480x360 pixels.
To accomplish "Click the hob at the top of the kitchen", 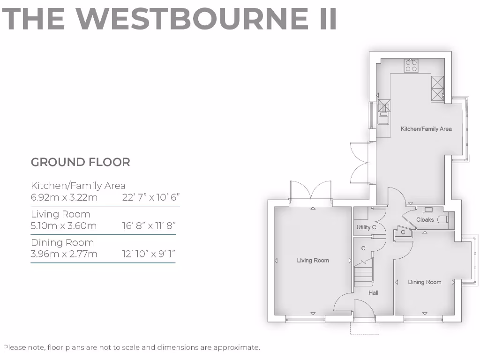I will (411, 66).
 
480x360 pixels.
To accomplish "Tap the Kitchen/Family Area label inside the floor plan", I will (426, 128).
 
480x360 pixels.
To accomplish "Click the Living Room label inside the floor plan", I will (313, 260).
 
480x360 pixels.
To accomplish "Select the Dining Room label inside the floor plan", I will (424, 282).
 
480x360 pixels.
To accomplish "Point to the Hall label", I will (373, 292).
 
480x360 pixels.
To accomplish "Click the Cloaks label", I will (425, 219).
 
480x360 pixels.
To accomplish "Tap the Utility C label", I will (367, 227).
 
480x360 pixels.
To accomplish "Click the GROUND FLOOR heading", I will (80, 162).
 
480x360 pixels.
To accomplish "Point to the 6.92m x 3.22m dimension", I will (64, 197).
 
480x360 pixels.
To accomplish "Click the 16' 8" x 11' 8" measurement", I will (148, 226).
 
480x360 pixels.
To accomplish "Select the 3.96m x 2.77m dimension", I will (64, 254).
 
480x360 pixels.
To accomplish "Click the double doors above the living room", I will (311, 192).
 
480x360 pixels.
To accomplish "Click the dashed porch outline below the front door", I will (365, 328).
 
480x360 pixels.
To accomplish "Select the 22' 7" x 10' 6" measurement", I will (151, 197).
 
